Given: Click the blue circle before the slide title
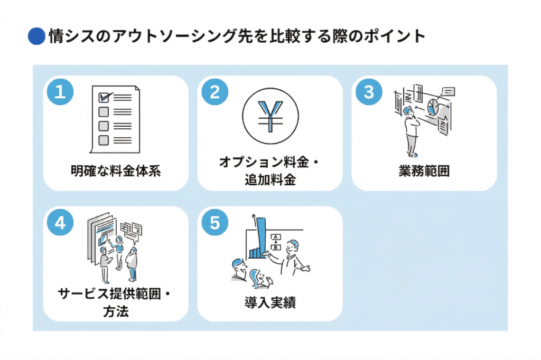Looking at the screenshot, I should click(36, 36).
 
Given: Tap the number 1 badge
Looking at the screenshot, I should click(60, 92).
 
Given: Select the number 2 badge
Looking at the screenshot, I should click(214, 92).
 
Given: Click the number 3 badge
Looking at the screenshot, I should click(369, 92).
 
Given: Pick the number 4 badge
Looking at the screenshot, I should click(60, 222).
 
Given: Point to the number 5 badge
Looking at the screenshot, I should click(214, 222).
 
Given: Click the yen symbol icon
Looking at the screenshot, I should click(270, 114).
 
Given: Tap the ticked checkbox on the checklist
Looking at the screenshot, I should click(105, 98).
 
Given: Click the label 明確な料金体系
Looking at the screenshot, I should click(116, 171).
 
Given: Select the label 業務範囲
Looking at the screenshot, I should click(424, 171).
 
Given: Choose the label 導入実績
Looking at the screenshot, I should click(270, 302).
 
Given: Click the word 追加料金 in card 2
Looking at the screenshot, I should click(270, 180).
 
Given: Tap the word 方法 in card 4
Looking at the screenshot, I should click(116, 311).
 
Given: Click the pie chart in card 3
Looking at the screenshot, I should click(433, 106).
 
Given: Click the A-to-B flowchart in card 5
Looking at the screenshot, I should click(275, 243).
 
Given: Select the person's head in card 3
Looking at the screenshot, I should click(407, 110).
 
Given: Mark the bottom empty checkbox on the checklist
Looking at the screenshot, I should click(104, 140).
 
